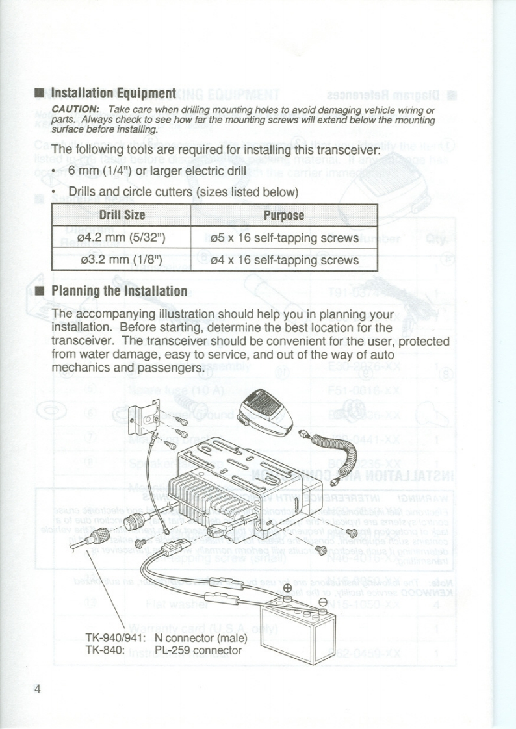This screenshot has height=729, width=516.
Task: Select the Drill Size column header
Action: click(x=122, y=215)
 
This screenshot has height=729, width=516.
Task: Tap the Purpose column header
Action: click(x=284, y=215)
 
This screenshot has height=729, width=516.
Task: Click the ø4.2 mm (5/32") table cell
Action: click(x=122, y=238)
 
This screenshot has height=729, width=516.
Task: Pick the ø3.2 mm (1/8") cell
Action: click(x=122, y=260)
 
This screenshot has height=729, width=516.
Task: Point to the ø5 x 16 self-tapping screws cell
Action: click(x=284, y=238)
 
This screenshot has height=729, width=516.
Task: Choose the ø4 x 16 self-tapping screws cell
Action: click(x=284, y=260)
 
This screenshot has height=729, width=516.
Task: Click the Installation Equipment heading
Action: click(x=113, y=93)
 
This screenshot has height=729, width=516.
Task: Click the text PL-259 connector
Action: click(x=198, y=650)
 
